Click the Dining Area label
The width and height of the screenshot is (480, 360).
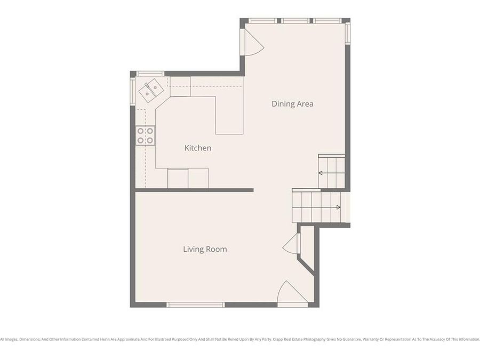point(292,104)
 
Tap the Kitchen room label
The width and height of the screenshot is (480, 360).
point(197,148)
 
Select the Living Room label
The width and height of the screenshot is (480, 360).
point(205,249)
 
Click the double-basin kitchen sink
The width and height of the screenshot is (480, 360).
point(150,90)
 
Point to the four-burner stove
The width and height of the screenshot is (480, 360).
point(145,135)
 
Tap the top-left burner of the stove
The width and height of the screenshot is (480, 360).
point(141,131)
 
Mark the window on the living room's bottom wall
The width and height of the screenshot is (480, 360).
point(195,305)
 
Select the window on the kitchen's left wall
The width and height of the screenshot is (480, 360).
point(133,91)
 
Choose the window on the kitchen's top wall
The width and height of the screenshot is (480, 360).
point(150,74)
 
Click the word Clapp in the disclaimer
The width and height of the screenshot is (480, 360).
point(279,339)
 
